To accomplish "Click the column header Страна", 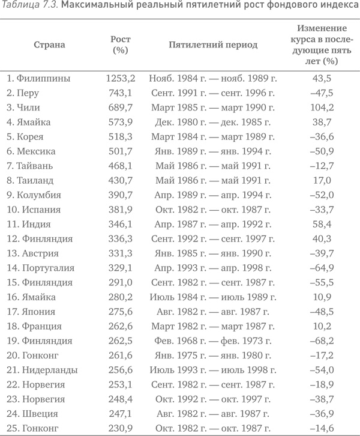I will coord(49,44).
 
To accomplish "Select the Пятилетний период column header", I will coord(205,44).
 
